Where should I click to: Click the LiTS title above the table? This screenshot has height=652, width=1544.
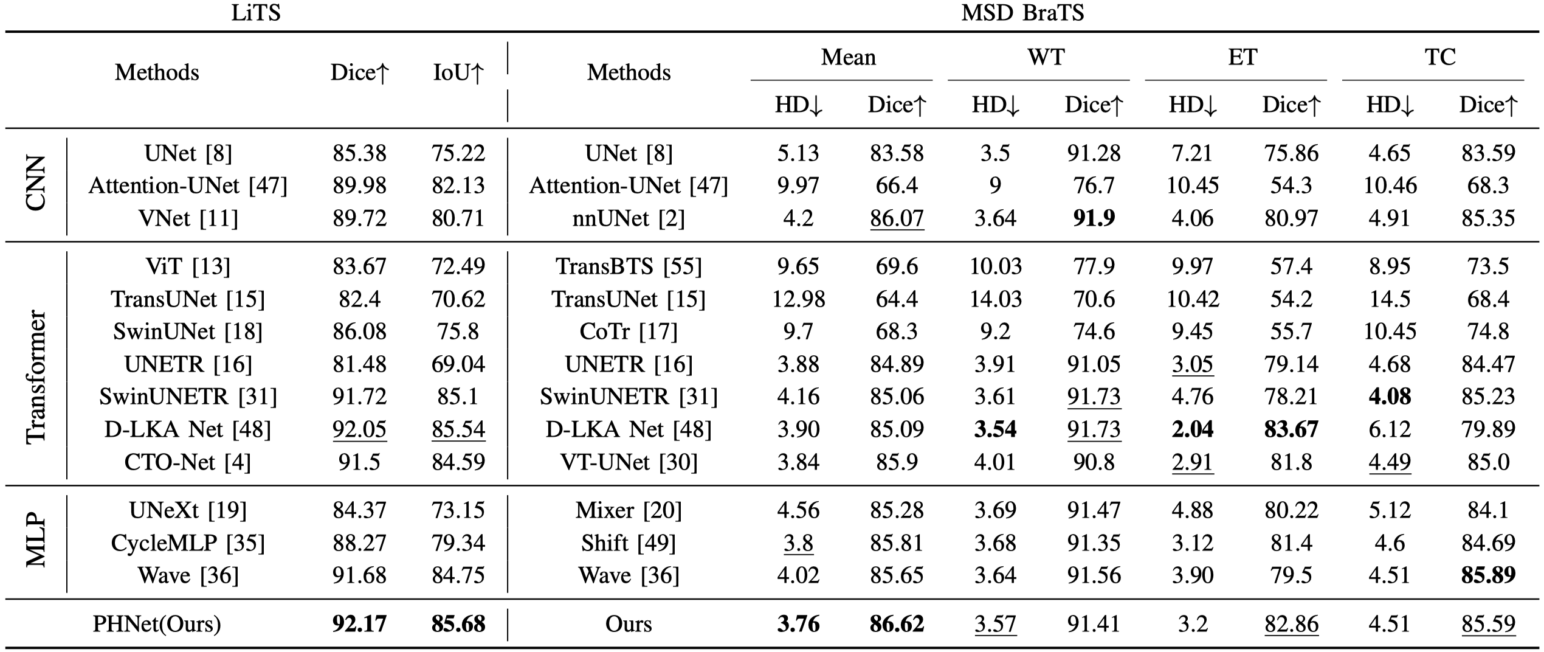point(256,13)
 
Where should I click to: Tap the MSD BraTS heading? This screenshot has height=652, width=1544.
point(1022,13)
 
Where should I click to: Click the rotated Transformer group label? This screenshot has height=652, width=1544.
point(36,377)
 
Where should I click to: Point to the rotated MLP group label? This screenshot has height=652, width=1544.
point(36,541)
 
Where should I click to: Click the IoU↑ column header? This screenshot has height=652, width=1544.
point(458,73)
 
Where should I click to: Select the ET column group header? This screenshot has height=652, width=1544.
point(1242,57)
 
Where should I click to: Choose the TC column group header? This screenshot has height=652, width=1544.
point(1439,57)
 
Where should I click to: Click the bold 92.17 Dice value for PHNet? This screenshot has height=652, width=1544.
point(359,624)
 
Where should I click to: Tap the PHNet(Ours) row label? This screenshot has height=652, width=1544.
point(157,624)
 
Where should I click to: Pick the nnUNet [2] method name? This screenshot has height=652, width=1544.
point(629,218)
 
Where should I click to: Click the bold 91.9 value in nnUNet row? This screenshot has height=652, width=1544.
point(1094,218)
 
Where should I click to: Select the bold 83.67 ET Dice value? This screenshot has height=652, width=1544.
point(1291,429)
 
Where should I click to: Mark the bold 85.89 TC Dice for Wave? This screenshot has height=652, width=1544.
point(1488,575)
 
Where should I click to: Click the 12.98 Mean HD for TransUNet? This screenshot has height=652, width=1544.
point(798,299)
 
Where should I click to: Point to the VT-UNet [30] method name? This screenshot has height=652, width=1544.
point(629,462)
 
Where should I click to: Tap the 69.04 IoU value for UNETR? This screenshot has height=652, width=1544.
point(458,364)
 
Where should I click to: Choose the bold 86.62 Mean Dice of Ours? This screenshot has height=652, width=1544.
point(897,624)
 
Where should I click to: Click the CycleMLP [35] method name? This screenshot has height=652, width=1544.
point(188,543)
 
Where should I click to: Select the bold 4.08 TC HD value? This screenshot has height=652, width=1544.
point(1390,397)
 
